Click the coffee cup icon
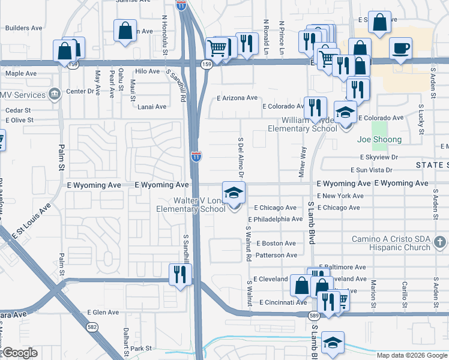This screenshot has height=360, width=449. coord(400,48)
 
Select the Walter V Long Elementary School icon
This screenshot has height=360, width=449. coord(234,193)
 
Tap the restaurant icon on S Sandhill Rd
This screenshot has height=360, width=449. coord(180,274)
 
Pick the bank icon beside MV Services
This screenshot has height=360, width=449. coord(55,94)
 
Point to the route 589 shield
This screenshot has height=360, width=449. coord(314,315)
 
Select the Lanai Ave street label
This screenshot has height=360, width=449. coord(152,107)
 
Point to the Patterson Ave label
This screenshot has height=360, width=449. coord(276,255)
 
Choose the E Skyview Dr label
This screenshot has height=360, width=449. coord(380,157)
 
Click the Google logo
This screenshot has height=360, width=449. coord(20,353)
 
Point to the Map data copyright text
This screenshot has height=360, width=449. coord(412,355)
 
